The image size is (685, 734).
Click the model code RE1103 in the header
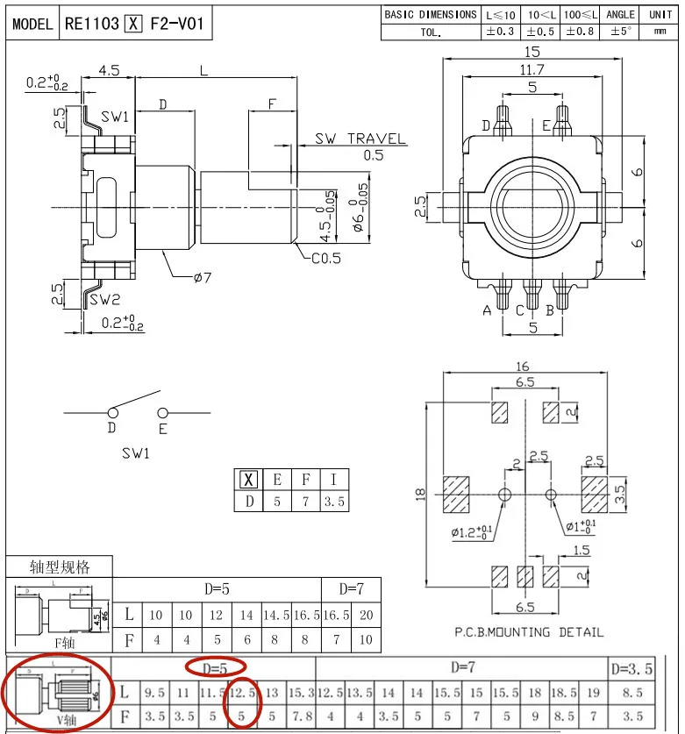[x=91, y=24]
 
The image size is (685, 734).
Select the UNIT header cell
[x=659, y=14]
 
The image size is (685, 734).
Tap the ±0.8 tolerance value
[x=578, y=32]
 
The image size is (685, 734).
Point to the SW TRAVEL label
[x=361, y=139]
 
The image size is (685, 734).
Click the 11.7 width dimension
[x=532, y=69]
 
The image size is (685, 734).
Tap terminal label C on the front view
[x=519, y=310]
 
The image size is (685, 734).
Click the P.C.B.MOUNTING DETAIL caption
[x=529, y=631]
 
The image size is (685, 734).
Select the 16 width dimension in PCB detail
[x=524, y=366]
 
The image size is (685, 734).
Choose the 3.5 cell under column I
[x=334, y=502]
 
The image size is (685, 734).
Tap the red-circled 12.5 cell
[x=241, y=693]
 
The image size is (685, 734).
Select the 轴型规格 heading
[x=60, y=567]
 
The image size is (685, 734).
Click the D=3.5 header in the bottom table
[x=631, y=668]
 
